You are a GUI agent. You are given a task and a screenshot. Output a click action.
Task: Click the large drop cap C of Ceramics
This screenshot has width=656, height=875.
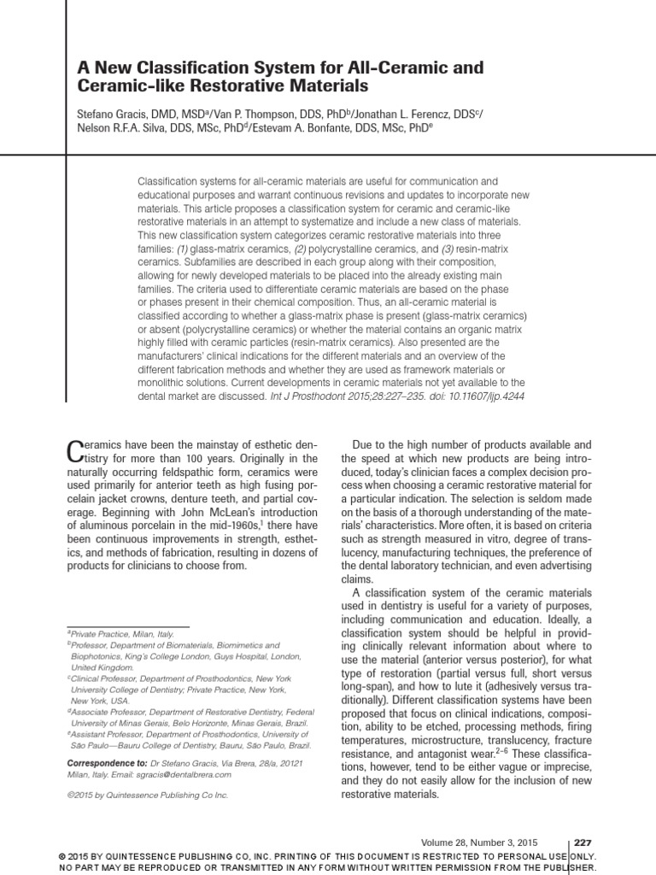click(x=75, y=451)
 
